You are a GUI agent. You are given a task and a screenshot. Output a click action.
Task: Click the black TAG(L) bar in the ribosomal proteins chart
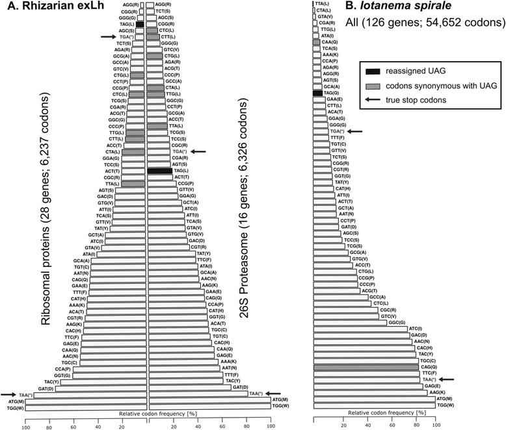(x=140, y=24)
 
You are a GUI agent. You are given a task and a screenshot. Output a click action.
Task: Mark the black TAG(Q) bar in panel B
(x=317, y=93)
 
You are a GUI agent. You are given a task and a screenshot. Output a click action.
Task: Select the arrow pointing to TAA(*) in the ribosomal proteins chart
(x=10, y=394)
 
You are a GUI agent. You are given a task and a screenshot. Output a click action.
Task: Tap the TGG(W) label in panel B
(x=446, y=405)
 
